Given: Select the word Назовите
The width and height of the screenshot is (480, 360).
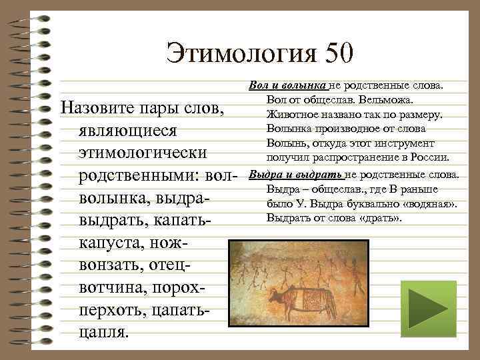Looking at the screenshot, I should pos(97,108).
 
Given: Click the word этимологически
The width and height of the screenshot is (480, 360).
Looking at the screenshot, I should pos(142,153).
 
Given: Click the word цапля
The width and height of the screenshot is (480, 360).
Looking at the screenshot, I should pos(102,331).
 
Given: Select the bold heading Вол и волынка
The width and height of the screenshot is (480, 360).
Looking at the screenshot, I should pos(287,86).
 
